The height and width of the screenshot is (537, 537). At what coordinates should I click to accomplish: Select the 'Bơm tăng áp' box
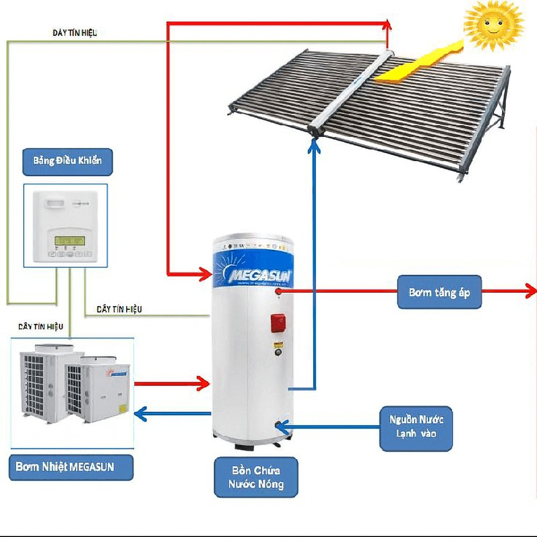point(439,293)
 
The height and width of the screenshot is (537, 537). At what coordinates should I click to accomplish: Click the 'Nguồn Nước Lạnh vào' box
point(416,425)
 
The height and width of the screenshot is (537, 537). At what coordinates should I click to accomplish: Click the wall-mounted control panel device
point(65,225)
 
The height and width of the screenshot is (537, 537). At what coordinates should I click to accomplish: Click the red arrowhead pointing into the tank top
point(205,274)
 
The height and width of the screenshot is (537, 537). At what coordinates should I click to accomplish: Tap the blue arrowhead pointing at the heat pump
point(140,413)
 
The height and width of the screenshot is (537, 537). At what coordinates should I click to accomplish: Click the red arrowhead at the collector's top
point(387,24)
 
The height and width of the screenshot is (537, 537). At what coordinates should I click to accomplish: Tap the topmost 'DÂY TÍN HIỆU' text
point(75,33)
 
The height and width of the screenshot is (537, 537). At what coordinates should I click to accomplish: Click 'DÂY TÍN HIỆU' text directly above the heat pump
point(41,326)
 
